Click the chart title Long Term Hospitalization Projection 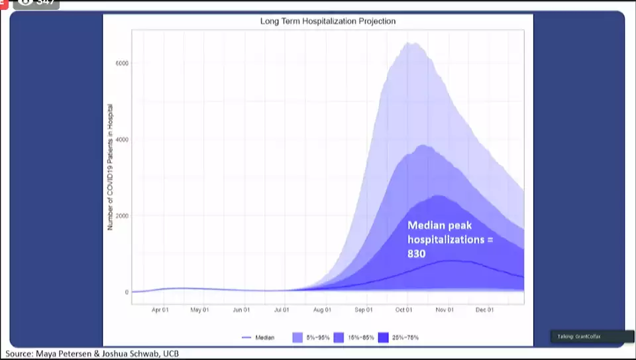click(x=327, y=21)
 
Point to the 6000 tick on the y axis click(x=122, y=64)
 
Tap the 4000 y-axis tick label click(x=122, y=140)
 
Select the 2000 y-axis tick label click(x=122, y=216)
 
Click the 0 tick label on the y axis click(x=126, y=292)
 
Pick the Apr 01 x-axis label click(x=160, y=310)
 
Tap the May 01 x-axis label click(x=199, y=310)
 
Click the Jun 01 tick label click(x=241, y=310)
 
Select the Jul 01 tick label click(x=282, y=310)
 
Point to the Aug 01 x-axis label click(x=323, y=310)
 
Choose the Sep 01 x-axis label click(x=364, y=310)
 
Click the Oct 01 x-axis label click(x=404, y=310)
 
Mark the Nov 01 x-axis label click(x=445, y=310)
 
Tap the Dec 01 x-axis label click(x=485, y=310)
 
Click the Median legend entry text click(x=265, y=338)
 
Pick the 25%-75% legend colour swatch click(x=383, y=338)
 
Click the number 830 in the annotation click(x=416, y=253)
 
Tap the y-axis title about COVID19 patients click(x=111, y=167)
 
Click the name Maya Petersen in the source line click(x=68, y=354)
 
